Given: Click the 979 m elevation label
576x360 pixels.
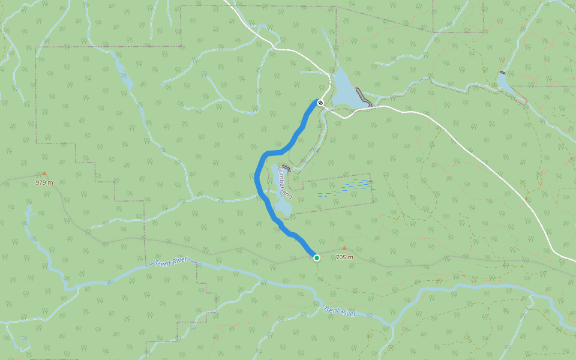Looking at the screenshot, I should point(44,182).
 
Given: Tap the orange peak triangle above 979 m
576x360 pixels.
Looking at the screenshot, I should point(44,173).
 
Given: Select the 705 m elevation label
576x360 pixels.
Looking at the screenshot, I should point(344,257).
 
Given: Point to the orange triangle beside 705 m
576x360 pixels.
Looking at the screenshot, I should point(344,248).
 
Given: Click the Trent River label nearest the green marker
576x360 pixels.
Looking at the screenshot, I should point(340,311).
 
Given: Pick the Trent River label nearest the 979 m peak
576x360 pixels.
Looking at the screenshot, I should point(171,263).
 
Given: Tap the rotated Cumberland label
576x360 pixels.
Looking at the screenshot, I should point(285,184).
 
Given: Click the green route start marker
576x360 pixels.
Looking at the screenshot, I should point(317,258).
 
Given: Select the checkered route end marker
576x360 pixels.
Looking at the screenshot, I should point(320,103).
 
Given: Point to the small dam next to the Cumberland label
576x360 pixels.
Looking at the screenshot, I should point(286,168).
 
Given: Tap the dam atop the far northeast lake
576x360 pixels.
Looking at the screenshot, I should point(501,73).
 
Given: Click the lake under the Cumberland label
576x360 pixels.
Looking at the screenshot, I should point(282,204).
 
